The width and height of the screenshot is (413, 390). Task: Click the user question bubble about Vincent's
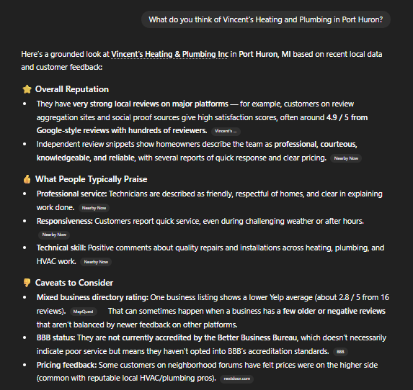pyautogui.click(x=266, y=19)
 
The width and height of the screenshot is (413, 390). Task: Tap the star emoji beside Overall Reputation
pyautogui.click(x=27, y=89)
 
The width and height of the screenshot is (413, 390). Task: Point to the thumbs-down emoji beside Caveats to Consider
pyautogui.click(x=27, y=283)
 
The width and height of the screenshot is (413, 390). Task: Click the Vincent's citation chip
pyautogui.click(x=226, y=131)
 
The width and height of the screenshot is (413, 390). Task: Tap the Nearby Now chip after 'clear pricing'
pyautogui.click(x=346, y=158)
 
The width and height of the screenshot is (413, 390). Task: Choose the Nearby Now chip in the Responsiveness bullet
pyautogui.click(x=54, y=235)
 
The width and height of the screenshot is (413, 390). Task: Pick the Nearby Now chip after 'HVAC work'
pyautogui.click(x=97, y=262)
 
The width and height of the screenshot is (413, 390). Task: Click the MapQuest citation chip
pyautogui.click(x=84, y=312)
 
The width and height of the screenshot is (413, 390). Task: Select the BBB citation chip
pyautogui.click(x=341, y=351)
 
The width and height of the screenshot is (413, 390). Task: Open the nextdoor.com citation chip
pyautogui.click(x=236, y=378)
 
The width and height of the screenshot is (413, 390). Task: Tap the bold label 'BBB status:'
pyautogui.click(x=57, y=337)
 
